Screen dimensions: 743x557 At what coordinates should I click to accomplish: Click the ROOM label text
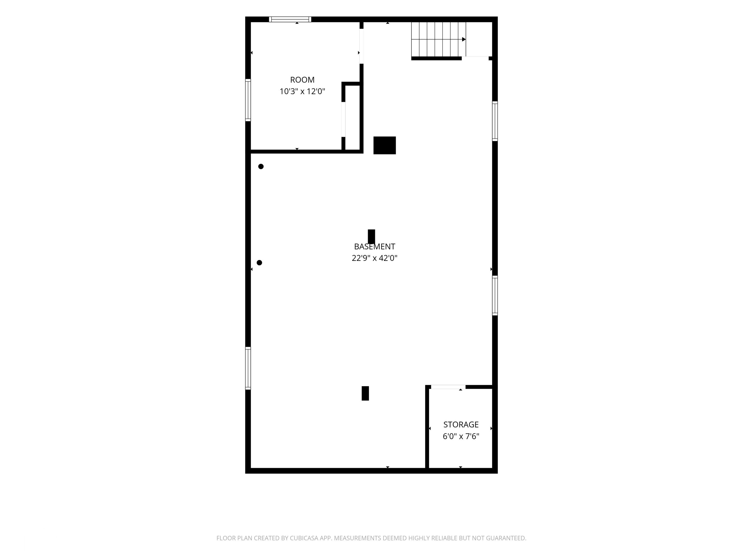(302, 80)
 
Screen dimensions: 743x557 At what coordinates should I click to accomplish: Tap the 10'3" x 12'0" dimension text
(302, 91)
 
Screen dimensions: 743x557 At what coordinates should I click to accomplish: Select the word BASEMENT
(374, 246)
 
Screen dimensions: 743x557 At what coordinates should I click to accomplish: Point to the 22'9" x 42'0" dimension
(374, 258)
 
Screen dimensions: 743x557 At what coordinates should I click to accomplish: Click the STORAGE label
(461, 425)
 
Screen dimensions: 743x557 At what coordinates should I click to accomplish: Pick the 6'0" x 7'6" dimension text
(461, 436)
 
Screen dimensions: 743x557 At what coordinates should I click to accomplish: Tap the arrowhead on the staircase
(464, 39)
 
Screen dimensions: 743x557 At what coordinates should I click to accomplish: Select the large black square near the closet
(385, 145)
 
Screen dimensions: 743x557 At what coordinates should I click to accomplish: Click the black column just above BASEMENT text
(371, 236)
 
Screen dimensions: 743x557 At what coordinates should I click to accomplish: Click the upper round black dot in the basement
(261, 167)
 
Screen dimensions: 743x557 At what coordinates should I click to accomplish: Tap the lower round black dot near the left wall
(259, 263)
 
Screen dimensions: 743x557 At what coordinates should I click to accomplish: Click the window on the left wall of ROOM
(248, 100)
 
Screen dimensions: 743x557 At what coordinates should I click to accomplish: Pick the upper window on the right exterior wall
(495, 121)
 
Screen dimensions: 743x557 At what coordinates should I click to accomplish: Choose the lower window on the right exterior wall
(495, 295)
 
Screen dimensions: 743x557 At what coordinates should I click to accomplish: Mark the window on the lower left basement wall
(248, 368)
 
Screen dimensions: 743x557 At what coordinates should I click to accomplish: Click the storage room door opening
(448, 387)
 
